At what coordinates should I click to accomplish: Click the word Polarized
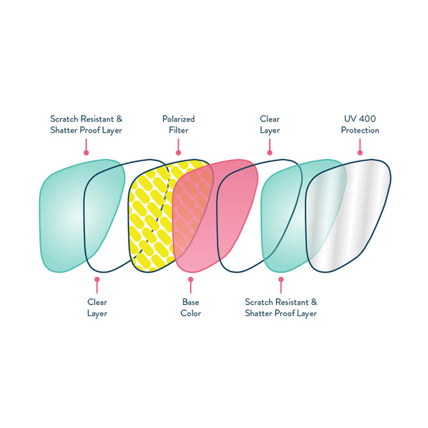(179, 119)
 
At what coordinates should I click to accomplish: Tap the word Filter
(179, 130)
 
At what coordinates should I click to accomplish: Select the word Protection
(360, 130)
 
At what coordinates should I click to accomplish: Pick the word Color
(191, 314)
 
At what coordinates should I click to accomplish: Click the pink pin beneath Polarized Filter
(179, 152)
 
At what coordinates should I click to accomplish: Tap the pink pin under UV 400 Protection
(360, 152)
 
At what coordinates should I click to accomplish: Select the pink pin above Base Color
(191, 279)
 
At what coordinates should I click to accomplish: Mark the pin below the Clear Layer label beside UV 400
(270, 152)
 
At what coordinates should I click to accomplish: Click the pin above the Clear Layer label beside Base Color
(97, 279)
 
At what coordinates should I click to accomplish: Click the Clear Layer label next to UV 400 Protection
(270, 125)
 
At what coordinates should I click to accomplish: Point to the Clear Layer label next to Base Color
(97, 308)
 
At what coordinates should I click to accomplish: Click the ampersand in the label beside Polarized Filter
(119, 119)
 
